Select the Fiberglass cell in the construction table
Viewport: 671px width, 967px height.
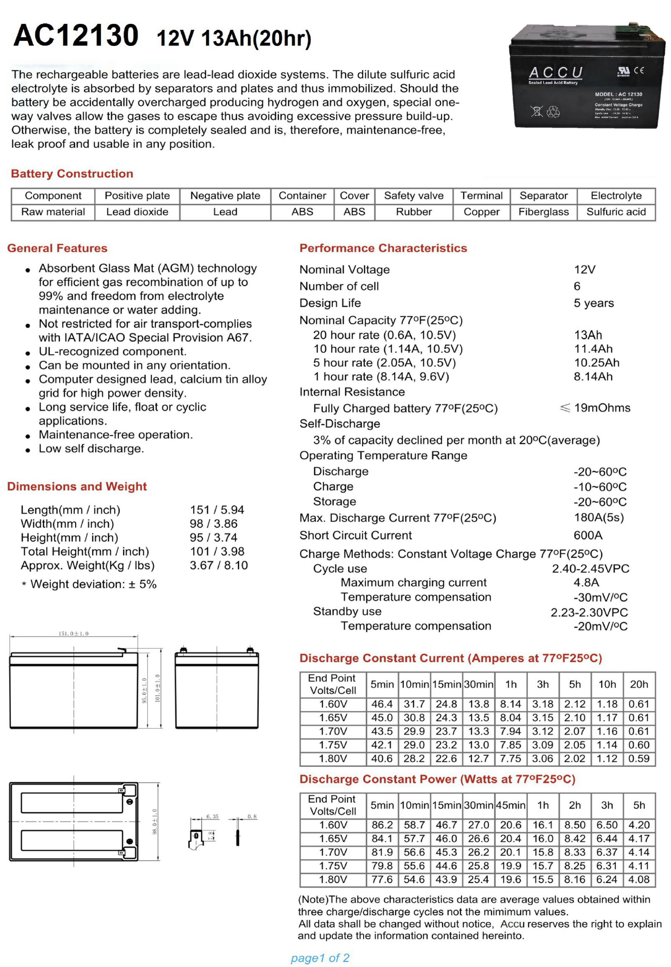click(543, 212)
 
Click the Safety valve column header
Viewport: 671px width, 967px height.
click(414, 196)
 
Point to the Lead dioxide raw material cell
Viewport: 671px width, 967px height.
click(137, 212)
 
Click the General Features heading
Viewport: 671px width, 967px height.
click(57, 248)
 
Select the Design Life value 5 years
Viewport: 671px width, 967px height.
click(594, 303)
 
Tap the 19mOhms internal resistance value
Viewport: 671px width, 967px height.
click(602, 408)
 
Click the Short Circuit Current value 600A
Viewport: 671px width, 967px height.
click(588, 535)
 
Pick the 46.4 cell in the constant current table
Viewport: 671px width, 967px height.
click(382, 704)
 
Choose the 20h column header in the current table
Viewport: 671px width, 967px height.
click(639, 684)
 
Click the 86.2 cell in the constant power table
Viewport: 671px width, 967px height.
click(382, 825)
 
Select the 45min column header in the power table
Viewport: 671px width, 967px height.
click(511, 805)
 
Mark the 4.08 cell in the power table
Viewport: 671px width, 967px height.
click(639, 879)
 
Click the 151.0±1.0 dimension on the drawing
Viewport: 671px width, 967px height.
click(74, 633)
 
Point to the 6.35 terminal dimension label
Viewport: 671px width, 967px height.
click(212, 817)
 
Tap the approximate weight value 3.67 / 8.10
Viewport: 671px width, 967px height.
click(219, 565)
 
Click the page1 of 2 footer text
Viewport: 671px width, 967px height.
click(320, 958)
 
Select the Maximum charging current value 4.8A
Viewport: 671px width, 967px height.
click(586, 582)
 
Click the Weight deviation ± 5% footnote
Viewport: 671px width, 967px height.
click(89, 584)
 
